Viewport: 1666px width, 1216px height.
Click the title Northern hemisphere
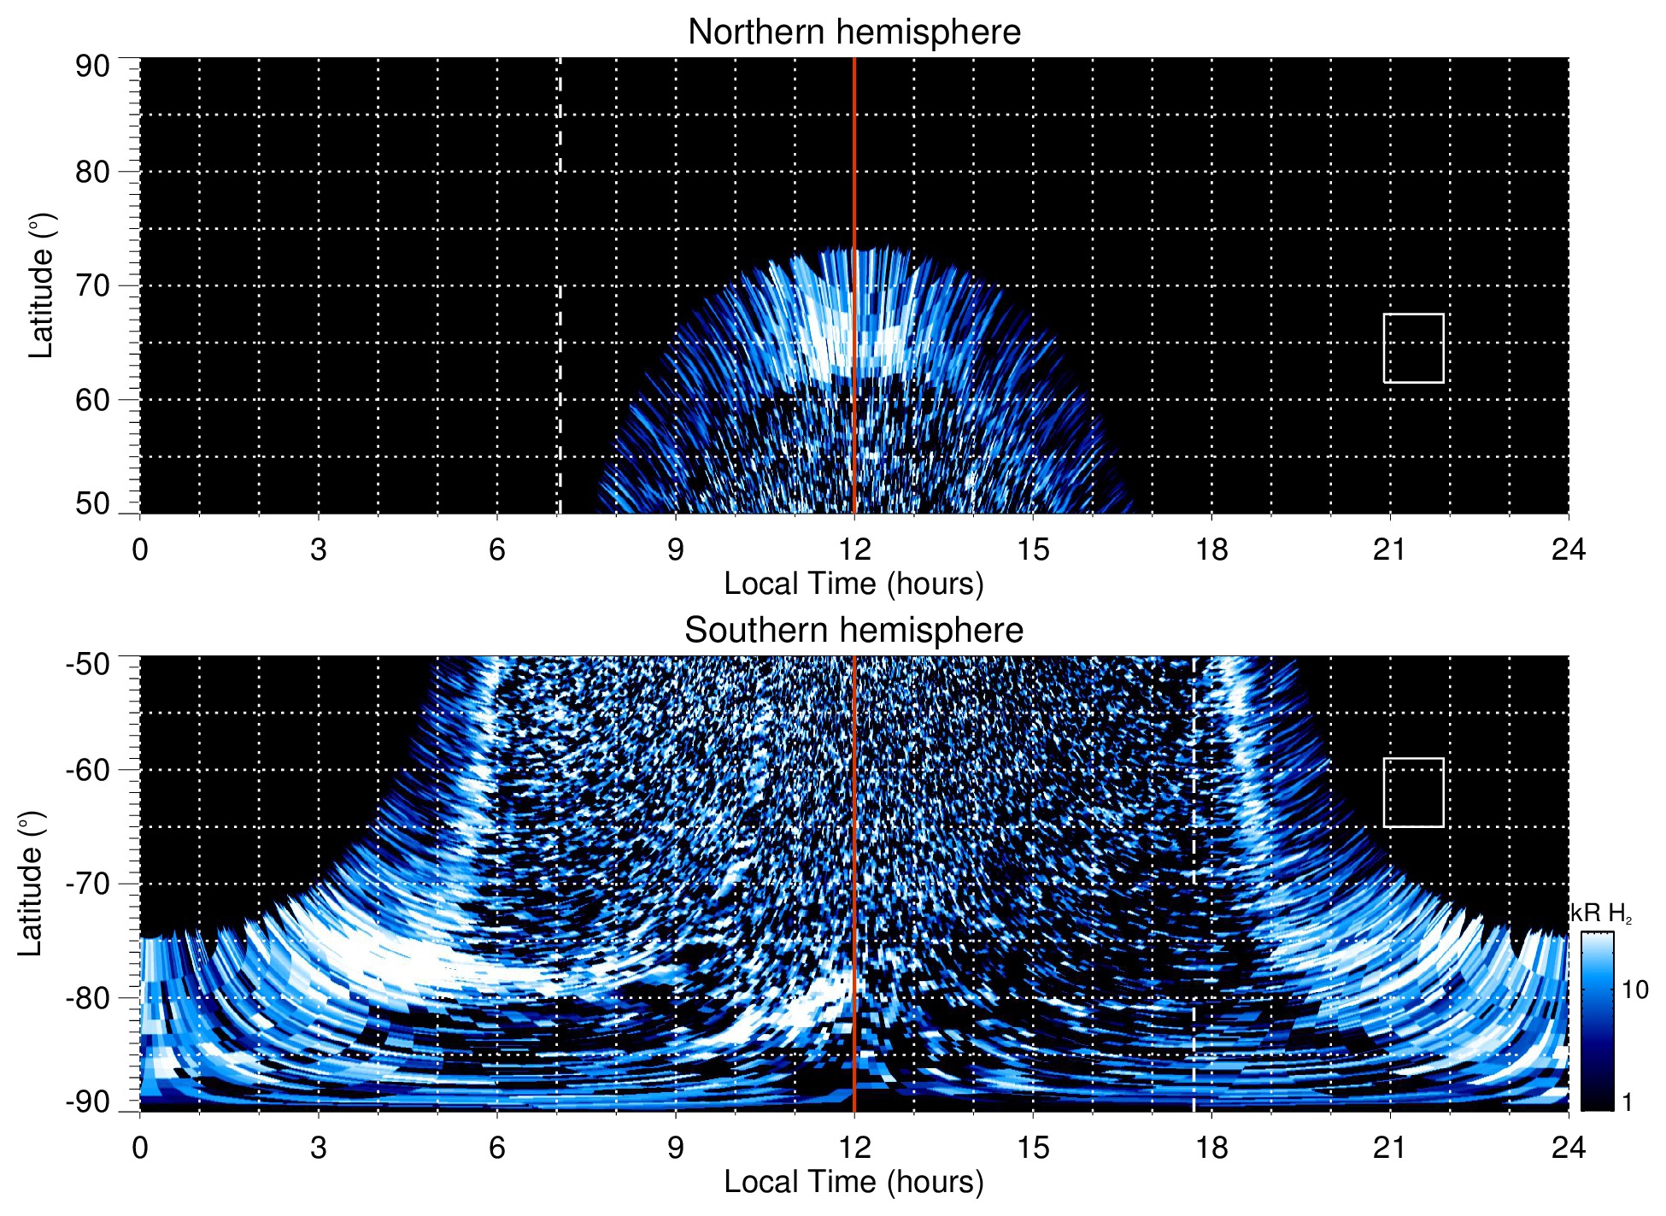[x=854, y=32]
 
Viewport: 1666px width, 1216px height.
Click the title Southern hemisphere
[x=854, y=631]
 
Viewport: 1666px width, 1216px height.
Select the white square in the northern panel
[x=1413, y=348]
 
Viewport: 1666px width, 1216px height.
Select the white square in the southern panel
[x=1413, y=792]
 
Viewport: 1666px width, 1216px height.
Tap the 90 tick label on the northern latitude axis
[x=92, y=67]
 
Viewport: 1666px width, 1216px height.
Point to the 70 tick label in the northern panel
[x=92, y=285]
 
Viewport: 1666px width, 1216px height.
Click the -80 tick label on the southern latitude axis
[x=88, y=997]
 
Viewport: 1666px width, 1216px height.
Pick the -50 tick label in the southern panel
[x=88, y=664]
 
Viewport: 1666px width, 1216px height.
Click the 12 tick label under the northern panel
[x=854, y=549]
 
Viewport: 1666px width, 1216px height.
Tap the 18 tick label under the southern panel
[x=1211, y=1148]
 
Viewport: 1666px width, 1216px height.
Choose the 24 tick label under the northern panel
[x=1568, y=549]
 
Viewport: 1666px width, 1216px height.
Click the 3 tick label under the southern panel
[x=319, y=1148]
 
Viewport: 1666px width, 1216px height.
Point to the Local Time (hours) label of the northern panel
[x=854, y=584]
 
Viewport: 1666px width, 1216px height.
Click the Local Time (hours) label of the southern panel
[x=854, y=1182]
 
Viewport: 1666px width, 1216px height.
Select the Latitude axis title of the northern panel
[x=41, y=285]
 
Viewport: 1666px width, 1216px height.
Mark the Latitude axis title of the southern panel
[x=31, y=884]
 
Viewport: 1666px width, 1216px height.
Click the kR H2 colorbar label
[x=1600, y=913]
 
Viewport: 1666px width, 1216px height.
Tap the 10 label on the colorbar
[x=1634, y=990]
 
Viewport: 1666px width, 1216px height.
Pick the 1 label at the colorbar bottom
[x=1627, y=1101]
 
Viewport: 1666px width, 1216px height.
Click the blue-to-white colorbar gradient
[x=1596, y=1021]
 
